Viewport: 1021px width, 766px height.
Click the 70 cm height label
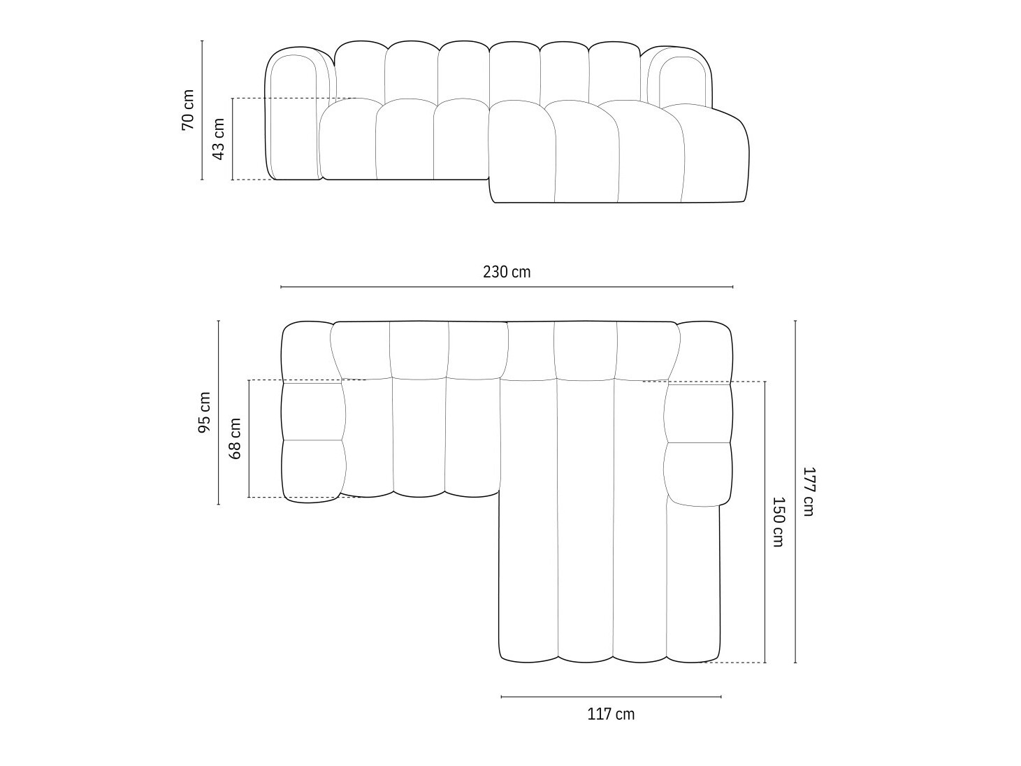click(x=187, y=110)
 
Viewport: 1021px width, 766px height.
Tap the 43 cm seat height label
click(x=218, y=139)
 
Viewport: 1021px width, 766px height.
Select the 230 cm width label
click(x=507, y=272)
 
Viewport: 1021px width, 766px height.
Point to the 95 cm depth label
click(x=204, y=412)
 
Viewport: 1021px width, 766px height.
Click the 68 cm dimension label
click(x=236, y=438)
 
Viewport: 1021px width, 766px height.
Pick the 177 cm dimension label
click(x=808, y=491)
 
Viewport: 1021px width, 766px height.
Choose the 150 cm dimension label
click(x=778, y=521)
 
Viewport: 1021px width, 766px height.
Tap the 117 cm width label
click(x=611, y=714)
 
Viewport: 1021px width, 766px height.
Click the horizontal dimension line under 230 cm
click(x=507, y=287)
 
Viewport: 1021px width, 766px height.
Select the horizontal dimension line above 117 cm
click(x=611, y=696)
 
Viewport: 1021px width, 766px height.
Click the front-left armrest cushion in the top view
click(x=313, y=470)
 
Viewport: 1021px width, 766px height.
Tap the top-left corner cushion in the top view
click(x=306, y=352)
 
